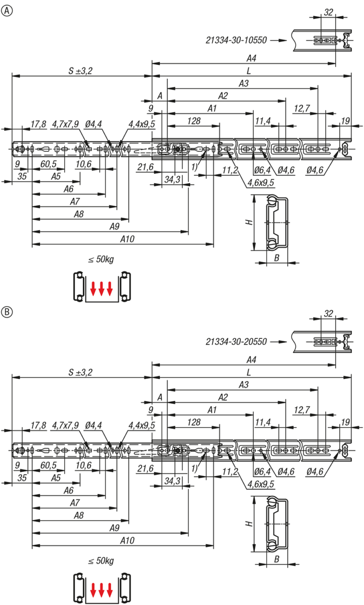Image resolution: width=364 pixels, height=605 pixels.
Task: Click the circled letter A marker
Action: (7, 11)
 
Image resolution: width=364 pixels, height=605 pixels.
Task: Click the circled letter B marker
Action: (7, 312)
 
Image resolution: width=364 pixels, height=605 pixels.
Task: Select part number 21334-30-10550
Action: (236, 40)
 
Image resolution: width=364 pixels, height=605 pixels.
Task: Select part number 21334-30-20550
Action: (236, 342)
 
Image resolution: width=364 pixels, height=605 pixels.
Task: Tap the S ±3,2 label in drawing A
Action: (80, 71)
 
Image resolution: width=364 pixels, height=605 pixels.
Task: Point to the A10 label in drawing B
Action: (127, 540)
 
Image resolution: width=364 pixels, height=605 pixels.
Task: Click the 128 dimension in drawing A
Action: (194, 120)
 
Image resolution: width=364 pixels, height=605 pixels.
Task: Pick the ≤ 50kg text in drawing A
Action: (101, 259)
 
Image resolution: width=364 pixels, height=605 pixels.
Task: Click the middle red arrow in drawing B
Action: (101, 590)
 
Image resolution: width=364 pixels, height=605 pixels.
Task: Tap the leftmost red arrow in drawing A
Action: (93, 288)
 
